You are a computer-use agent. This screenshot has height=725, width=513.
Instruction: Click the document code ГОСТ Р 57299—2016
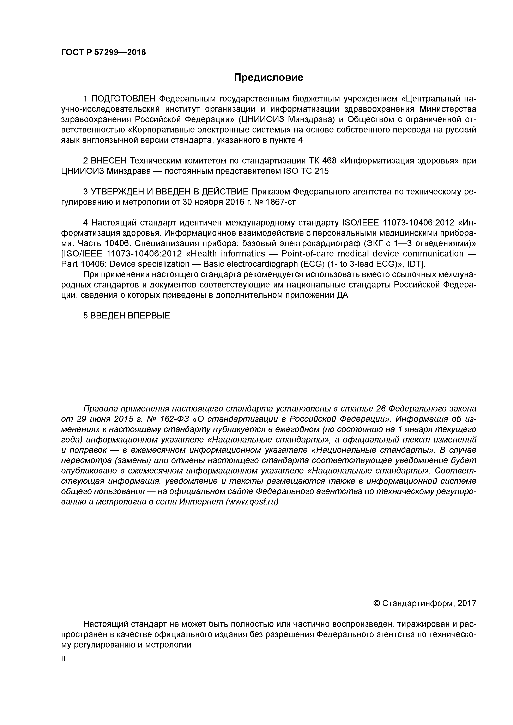(x=103, y=52)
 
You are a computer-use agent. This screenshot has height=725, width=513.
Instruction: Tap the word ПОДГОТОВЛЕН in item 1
(x=123, y=99)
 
